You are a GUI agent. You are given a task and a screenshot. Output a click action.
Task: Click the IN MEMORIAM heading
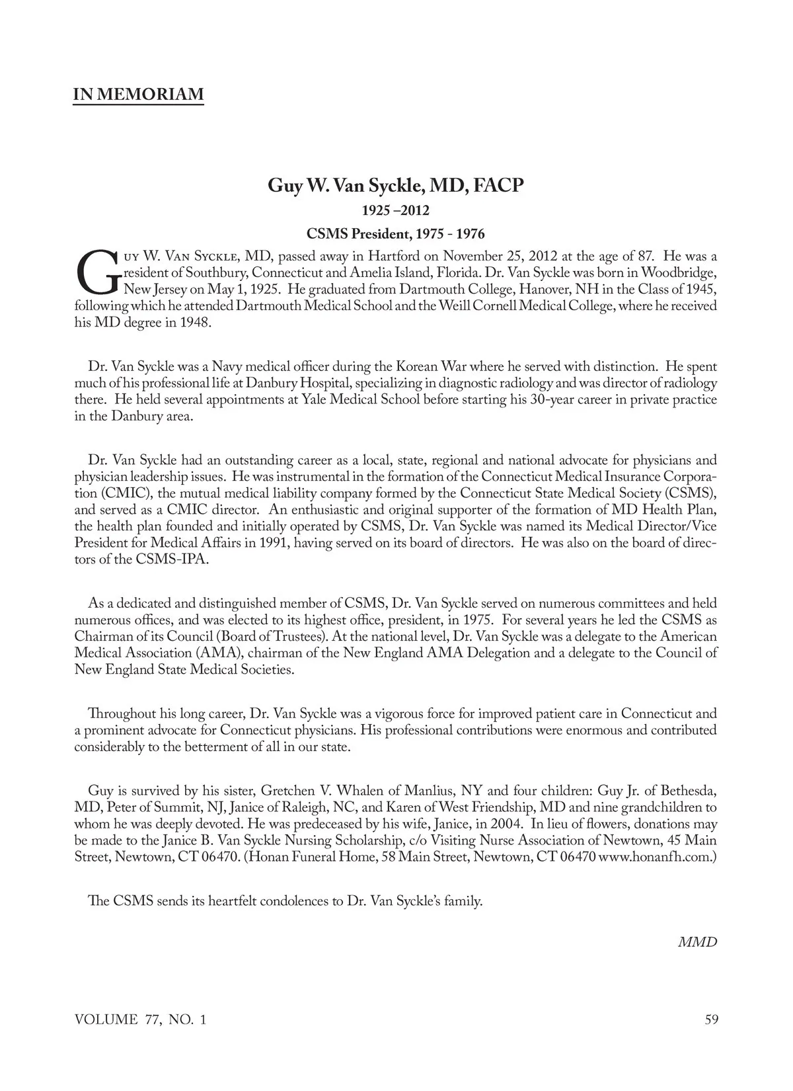click(x=138, y=94)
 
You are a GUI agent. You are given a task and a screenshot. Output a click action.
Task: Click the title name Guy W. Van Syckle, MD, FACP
click(x=395, y=185)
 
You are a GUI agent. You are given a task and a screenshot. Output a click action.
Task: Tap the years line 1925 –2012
click(x=395, y=211)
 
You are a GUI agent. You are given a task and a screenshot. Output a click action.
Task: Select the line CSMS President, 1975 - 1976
click(x=395, y=234)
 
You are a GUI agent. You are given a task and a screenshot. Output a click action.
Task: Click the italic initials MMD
click(x=698, y=942)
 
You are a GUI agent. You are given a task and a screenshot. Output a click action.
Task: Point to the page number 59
click(x=711, y=1020)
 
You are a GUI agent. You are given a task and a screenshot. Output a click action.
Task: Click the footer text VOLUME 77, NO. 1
click(x=140, y=1020)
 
